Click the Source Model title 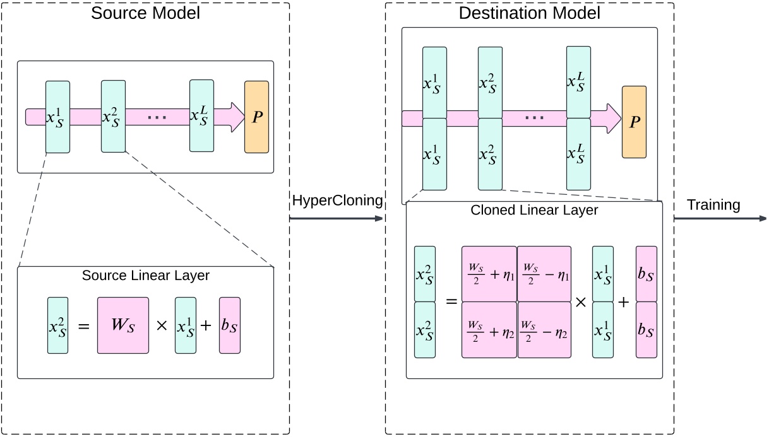[x=145, y=13]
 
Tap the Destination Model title [x=529, y=13]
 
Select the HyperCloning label [x=337, y=201]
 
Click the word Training [x=713, y=205]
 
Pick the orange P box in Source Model [x=256, y=117]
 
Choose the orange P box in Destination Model [x=634, y=122]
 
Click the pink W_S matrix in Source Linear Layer [x=123, y=325]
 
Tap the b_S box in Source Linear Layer [x=230, y=325]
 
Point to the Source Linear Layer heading [x=145, y=276]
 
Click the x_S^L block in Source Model [x=202, y=116]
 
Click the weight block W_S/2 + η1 [x=489, y=274]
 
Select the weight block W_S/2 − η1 [x=544, y=274]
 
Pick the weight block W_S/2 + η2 [x=489, y=330]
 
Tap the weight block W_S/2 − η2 [x=544, y=330]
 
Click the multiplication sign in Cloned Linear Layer [x=581, y=302]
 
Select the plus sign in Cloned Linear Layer [x=624, y=302]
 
